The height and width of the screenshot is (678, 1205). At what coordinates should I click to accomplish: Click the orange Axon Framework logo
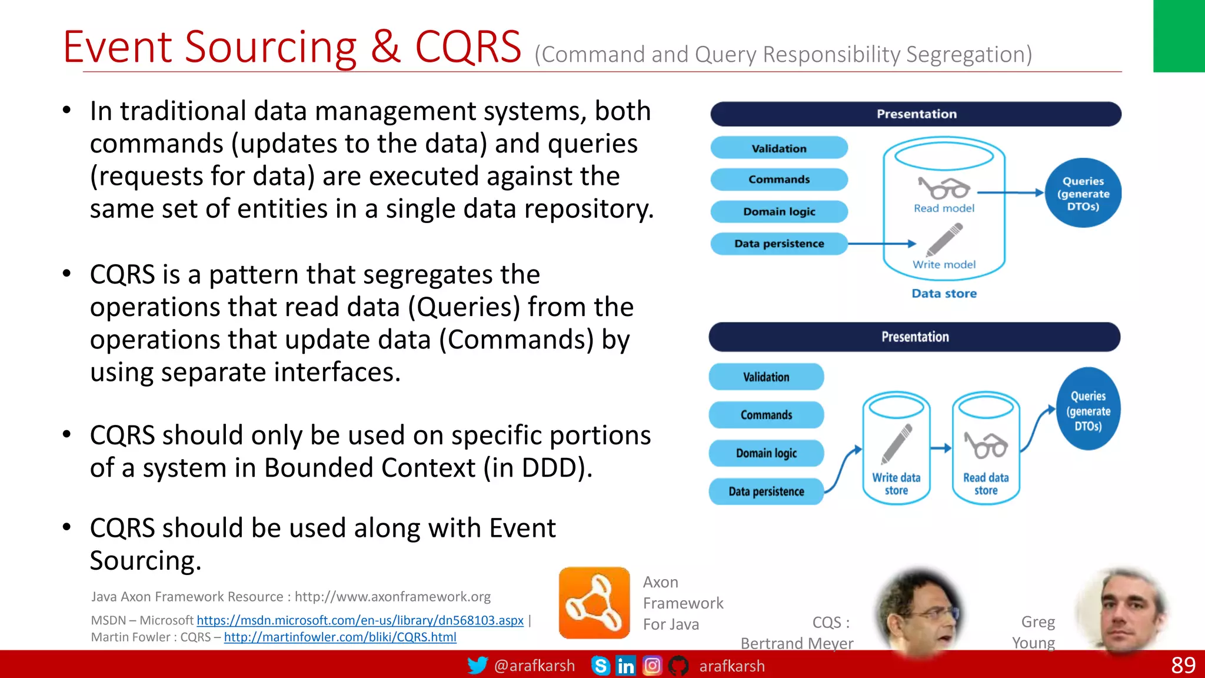click(x=594, y=603)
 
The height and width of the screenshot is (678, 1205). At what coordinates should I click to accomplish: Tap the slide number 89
click(x=1183, y=665)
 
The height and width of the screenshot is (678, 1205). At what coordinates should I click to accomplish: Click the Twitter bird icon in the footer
click(x=477, y=666)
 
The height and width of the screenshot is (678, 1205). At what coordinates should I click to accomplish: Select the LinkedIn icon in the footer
click(x=625, y=666)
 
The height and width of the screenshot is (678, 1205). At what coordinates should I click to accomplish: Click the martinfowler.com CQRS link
click(x=340, y=637)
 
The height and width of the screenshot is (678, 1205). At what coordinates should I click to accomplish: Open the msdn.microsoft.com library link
click(x=359, y=620)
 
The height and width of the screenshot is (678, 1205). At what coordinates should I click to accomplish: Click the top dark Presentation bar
click(x=916, y=114)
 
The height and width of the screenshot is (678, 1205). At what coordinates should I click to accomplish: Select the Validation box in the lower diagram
click(x=766, y=377)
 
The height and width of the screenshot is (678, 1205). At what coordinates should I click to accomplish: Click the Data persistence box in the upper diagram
click(x=779, y=244)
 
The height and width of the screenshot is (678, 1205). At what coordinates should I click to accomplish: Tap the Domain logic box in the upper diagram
click(x=779, y=211)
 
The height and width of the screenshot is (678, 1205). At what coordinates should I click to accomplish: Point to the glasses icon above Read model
click(x=944, y=189)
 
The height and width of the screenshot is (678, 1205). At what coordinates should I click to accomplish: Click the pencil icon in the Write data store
click(x=897, y=444)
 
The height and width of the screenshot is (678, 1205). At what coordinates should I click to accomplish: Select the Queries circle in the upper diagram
click(x=1083, y=193)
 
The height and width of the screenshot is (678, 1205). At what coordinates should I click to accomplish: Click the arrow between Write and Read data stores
click(x=941, y=448)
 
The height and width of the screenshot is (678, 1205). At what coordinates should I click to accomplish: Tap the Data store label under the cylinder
click(x=944, y=293)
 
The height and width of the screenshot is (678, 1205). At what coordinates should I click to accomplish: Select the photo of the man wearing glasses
click(x=919, y=612)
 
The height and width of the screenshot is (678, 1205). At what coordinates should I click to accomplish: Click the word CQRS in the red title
click(x=468, y=47)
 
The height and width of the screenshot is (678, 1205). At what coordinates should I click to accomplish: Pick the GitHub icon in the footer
click(x=678, y=666)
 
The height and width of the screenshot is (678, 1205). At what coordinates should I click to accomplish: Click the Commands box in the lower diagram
click(x=766, y=415)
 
